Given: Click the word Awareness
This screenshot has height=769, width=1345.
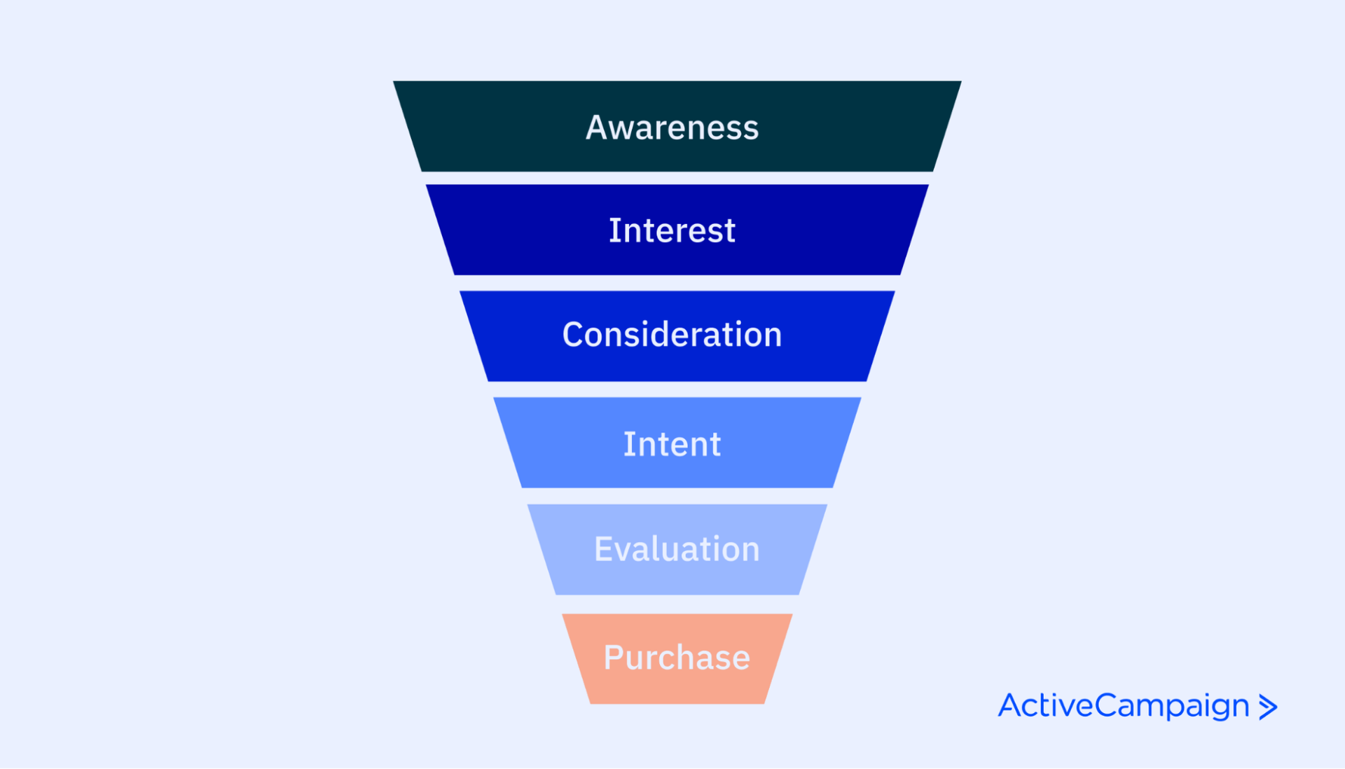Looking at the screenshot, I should click(672, 127).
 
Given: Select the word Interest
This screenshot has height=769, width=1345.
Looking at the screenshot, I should click(672, 230).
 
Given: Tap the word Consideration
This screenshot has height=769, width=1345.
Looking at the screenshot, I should click(672, 335).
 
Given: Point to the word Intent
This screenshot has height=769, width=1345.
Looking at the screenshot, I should click(672, 444).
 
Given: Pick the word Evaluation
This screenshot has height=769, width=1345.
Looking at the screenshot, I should click(677, 549).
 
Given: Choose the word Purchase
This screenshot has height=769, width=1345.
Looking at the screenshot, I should click(677, 658).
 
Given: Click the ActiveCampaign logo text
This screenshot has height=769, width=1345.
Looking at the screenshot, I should click(1124, 705).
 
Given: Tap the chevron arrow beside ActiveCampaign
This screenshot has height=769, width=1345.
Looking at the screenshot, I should click(1268, 707).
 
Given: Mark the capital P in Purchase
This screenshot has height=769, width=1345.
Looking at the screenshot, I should click(614, 658).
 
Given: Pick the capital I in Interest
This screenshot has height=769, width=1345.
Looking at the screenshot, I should click(614, 230).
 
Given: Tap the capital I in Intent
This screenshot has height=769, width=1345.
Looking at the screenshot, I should click(628, 444).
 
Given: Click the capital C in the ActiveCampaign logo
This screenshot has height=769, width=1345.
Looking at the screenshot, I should click(1108, 705).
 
